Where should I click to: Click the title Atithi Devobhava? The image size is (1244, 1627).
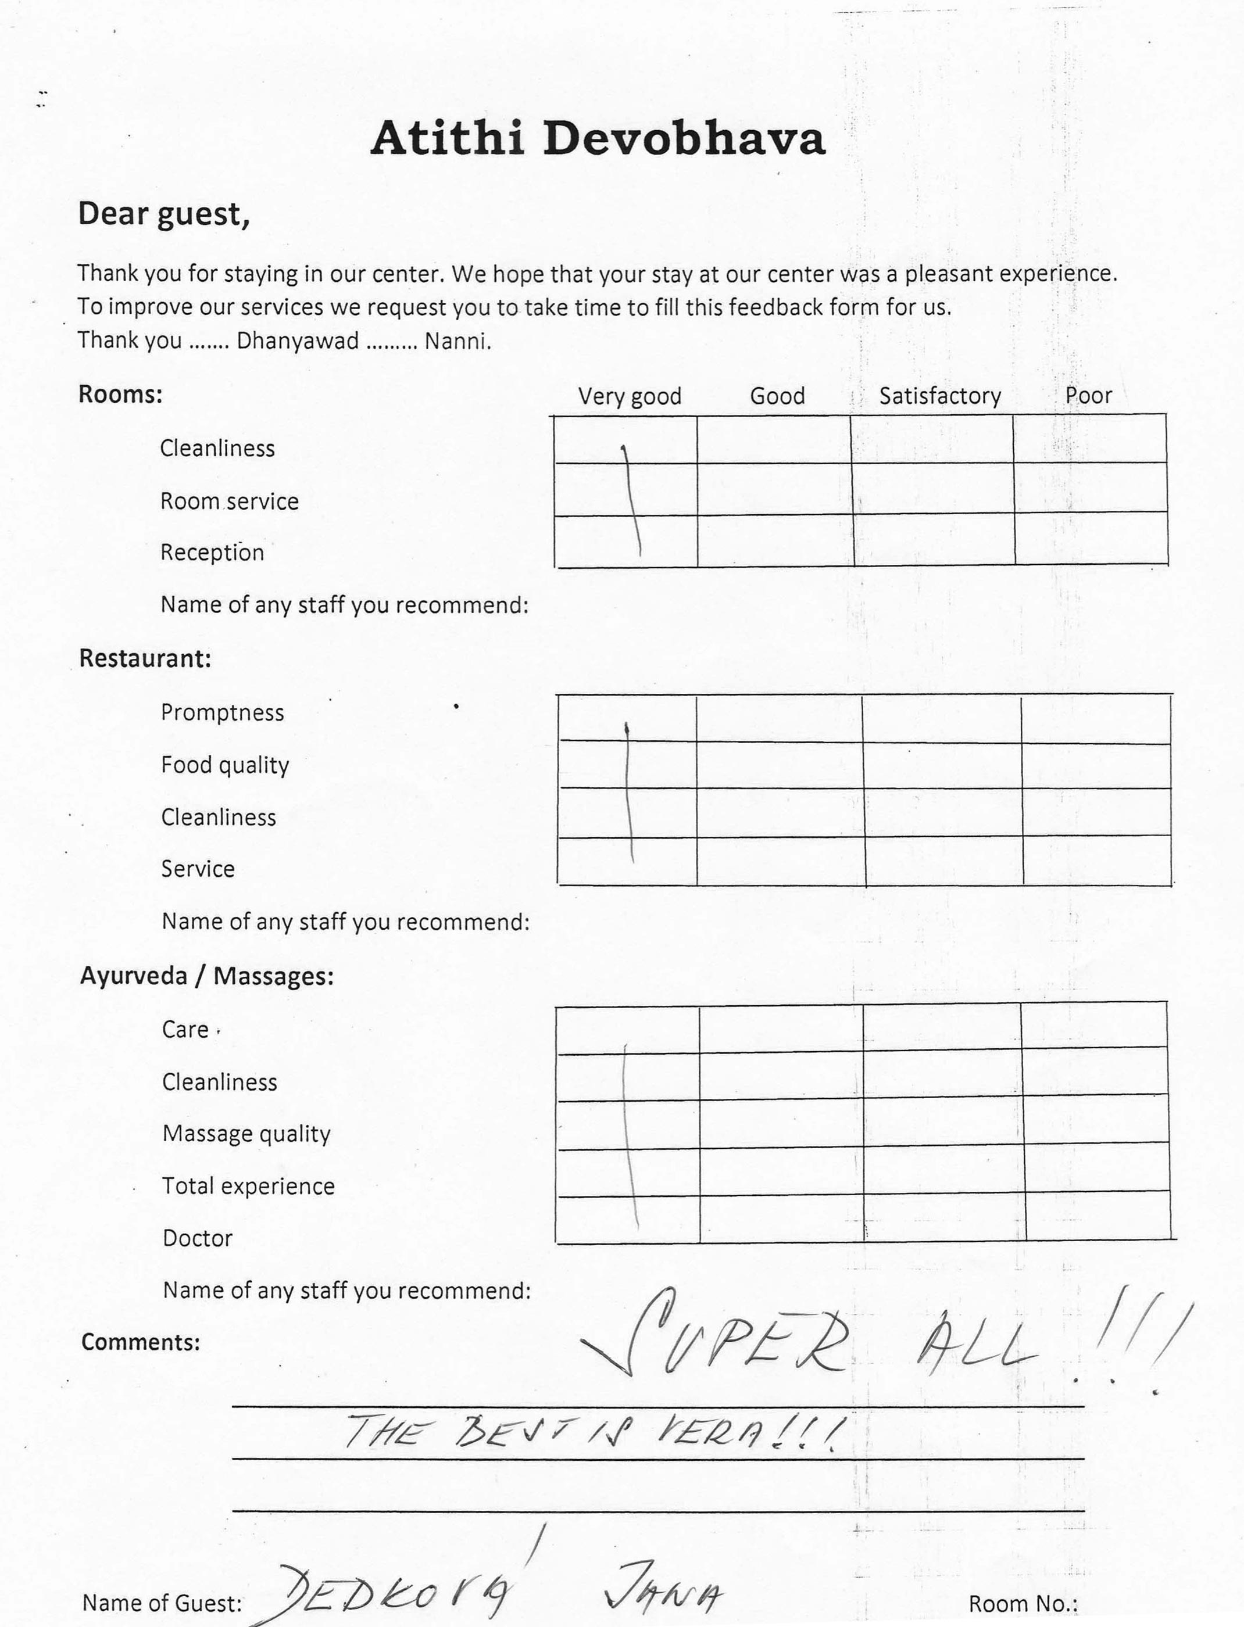(x=597, y=138)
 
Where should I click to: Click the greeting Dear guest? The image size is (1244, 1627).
(x=164, y=214)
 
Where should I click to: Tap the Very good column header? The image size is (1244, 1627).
(x=630, y=396)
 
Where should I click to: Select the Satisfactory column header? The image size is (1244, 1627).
(x=939, y=396)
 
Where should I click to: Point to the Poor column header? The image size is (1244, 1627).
(x=1088, y=395)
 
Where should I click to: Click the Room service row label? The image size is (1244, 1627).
(x=230, y=501)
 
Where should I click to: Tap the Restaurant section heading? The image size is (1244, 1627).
(x=145, y=658)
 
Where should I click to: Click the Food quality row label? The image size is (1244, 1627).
(x=225, y=765)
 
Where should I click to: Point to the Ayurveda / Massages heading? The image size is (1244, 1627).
(x=206, y=976)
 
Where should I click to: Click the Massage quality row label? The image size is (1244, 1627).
(x=246, y=1133)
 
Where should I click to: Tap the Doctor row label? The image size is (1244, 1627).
(x=198, y=1238)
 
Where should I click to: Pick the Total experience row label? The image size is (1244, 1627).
(x=248, y=1186)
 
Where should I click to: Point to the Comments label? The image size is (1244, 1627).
(x=141, y=1342)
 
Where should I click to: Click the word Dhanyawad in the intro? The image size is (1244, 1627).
(x=298, y=341)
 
